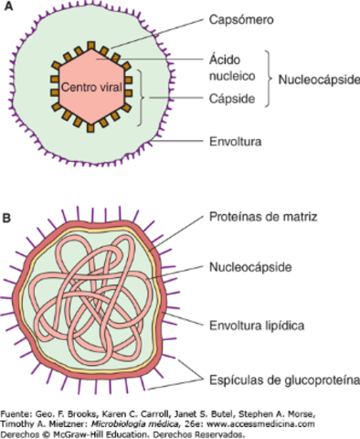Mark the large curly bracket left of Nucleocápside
click(270, 80)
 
